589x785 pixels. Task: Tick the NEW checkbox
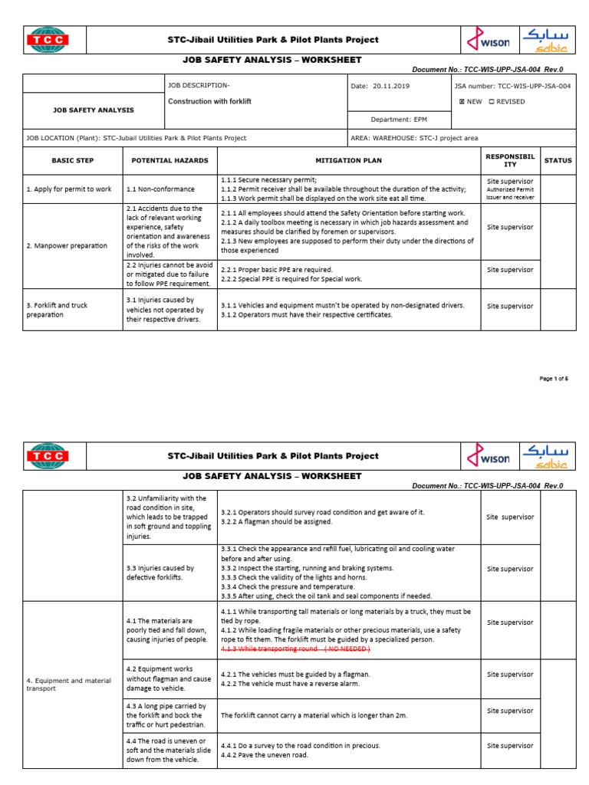(462, 101)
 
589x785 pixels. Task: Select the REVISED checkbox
(492, 101)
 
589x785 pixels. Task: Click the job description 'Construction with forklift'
(209, 101)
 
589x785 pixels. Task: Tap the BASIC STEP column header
(72, 161)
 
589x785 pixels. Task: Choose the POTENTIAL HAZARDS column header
(169, 161)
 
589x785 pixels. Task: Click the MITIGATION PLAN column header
(348, 161)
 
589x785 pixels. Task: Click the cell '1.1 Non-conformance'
(160, 189)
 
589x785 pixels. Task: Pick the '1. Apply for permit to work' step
(69, 189)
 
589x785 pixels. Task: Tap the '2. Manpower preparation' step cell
(67, 245)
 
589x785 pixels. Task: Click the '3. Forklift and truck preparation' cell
(58, 310)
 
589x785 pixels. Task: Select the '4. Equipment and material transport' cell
(69, 684)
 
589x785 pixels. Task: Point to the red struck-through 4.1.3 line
(295, 649)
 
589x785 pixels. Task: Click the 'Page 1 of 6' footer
(554, 379)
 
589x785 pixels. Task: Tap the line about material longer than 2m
(314, 715)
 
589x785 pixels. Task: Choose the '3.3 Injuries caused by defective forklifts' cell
(160, 573)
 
